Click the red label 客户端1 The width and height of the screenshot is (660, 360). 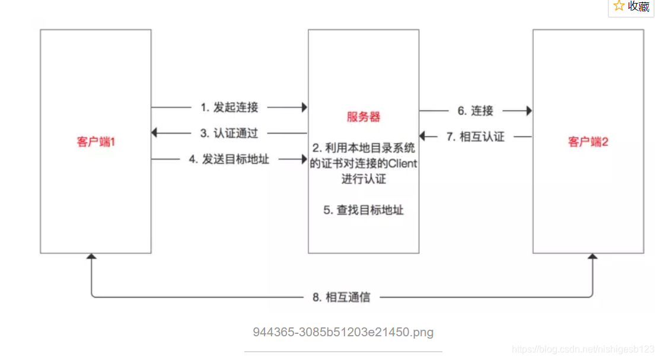point(95,142)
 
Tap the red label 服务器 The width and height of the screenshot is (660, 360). point(364,117)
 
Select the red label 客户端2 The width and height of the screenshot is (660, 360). point(588,142)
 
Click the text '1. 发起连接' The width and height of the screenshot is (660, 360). point(229,107)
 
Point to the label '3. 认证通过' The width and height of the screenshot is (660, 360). point(229,133)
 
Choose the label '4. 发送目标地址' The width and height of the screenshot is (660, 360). point(229,159)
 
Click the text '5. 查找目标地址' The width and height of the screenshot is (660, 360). point(364,210)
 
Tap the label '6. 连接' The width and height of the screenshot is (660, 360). point(475,110)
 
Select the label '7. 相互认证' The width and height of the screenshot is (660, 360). point(475,136)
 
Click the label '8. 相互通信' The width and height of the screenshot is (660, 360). point(341,297)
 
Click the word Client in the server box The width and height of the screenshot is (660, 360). point(401,164)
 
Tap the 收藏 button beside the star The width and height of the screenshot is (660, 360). point(639,7)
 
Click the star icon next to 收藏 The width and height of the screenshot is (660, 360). point(619,7)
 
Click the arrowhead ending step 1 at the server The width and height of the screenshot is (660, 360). point(304,107)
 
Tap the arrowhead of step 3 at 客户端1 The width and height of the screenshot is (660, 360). point(155,133)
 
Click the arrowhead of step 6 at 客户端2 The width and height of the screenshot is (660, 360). point(528,110)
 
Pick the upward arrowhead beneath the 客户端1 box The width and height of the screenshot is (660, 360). point(91,257)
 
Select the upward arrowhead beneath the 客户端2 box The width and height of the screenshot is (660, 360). point(592,257)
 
